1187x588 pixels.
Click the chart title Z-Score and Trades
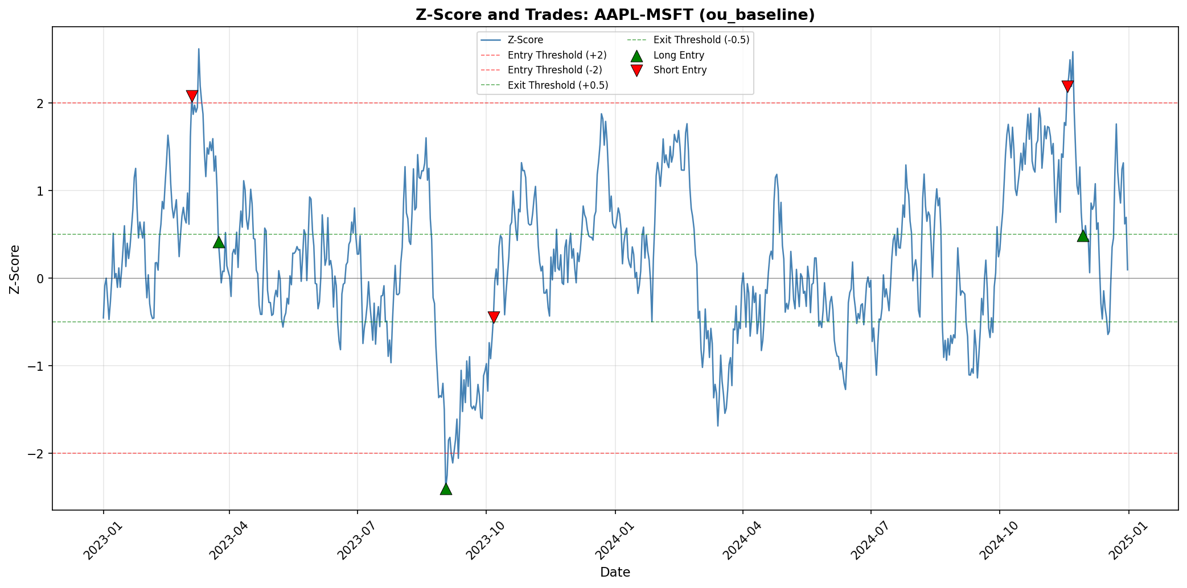pos(615,15)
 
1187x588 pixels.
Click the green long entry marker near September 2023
pos(446,488)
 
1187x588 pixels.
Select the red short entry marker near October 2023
pos(494,317)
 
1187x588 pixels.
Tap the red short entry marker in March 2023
pos(192,96)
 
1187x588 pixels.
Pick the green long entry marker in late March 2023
pos(219,242)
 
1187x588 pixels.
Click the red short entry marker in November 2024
pos(1067,86)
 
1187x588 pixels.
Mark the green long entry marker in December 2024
pos(1083,235)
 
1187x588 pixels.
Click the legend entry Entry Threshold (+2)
pos(557,55)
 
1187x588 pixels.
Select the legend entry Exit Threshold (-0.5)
pos(701,40)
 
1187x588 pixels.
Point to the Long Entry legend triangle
pos(636,55)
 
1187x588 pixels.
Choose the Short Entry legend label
pos(680,70)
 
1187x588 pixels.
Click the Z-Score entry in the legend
pos(525,40)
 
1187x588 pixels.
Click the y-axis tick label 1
pos(40,191)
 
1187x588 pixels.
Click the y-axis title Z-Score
pos(15,269)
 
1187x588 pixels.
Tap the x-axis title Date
pos(615,573)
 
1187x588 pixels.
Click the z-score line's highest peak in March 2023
pos(199,49)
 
